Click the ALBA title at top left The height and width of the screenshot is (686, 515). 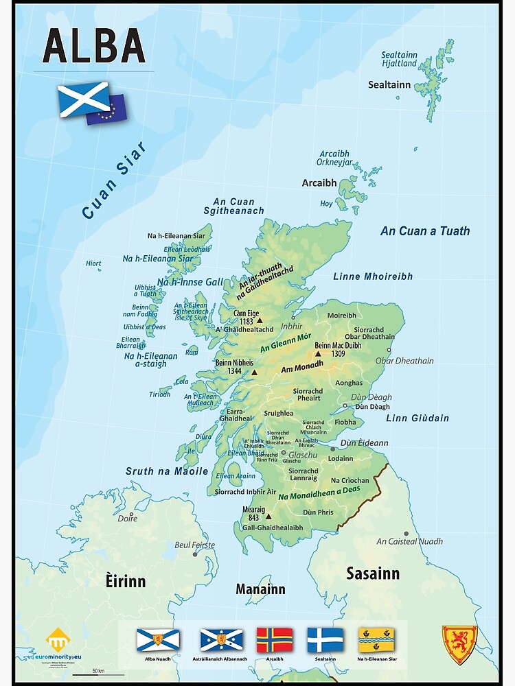[x=94, y=46]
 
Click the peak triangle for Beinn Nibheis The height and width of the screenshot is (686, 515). [x=254, y=372]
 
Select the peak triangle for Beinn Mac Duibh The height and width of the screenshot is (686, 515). [x=318, y=354]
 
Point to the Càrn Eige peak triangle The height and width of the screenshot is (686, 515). [x=260, y=320]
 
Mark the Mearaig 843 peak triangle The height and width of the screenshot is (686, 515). [x=268, y=517]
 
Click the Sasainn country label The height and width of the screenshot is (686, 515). [x=373, y=573]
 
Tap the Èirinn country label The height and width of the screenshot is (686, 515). [x=126, y=581]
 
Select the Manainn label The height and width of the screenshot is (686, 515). [x=260, y=589]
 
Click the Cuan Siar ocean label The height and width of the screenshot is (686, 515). [x=114, y=180]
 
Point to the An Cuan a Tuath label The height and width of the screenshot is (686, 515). [x=425, y=231]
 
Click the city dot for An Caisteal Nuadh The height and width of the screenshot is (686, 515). [x=406, y=533]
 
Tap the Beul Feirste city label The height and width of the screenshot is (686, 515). [x=195, y=545]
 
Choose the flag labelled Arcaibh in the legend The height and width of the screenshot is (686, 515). [x=274, y=639]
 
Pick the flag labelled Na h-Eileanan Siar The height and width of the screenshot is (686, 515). [x=376, y=639]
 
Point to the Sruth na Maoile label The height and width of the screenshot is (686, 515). [x=167, y=471]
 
